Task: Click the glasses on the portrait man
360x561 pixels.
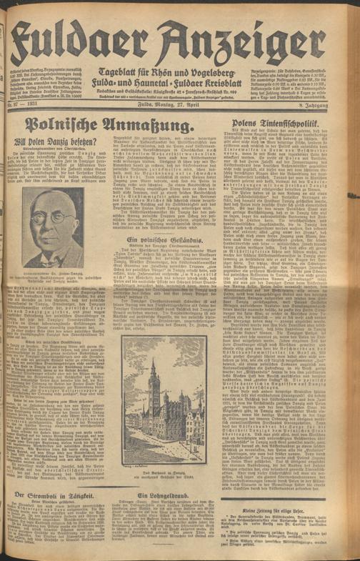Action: point(51,216)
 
